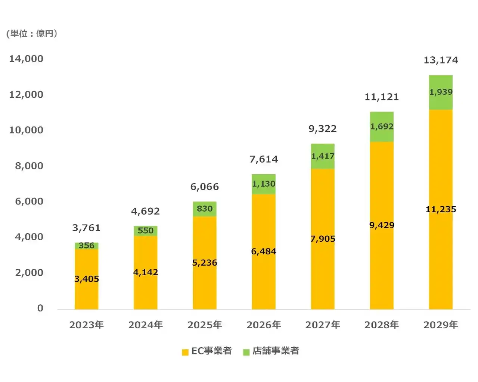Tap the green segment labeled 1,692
(x=382, y=126)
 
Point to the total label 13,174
(x=441, y=60)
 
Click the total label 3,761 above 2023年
(x=86, y=228)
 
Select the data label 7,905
(x=323, y=239)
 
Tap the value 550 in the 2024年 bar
(x=145, y=231)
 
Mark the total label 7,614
(x=264, y=159)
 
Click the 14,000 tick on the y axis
(x=26, y=59)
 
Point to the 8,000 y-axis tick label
(x=29, y=166)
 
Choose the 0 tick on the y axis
(x=40, y=308)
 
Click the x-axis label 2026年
(x=264, y=325)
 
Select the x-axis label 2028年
(x=382, y=325)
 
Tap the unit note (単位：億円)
(x=32, y=34)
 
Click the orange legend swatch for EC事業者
(x=185, y=352)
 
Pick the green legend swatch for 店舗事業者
(x=246, y=352)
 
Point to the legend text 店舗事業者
(x=276, y=351)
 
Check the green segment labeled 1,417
(x=323, y=156)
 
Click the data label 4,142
(x=145, y=272)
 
